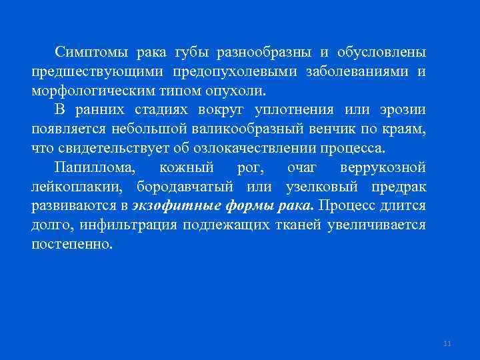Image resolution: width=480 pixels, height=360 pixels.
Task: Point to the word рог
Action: [x=238, y=167]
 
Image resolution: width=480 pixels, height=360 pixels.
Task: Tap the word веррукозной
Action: [x=383, y=167]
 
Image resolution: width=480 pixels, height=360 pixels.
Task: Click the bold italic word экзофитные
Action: [x=169, y=206]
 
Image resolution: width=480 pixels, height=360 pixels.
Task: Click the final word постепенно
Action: [x=72, y=245]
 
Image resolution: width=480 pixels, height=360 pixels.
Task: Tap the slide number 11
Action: [x=447, y=343]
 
